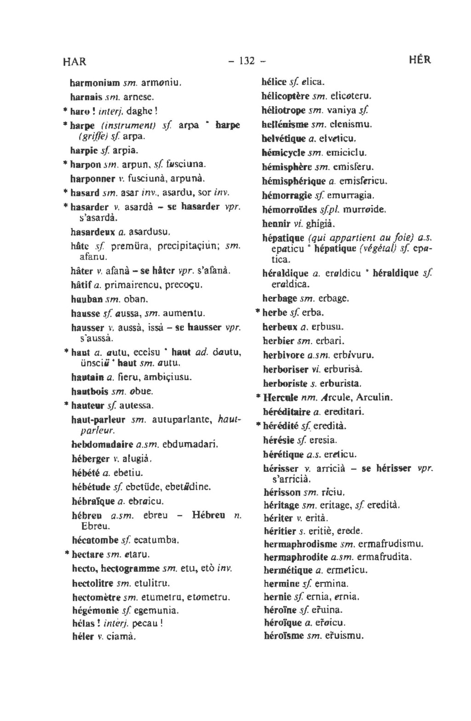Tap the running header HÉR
pyautogui.click(x=419, y=60)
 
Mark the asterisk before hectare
pyautogui.click(x=67, y=552)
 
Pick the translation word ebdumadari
pyautogui.click(x=190, y=445)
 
